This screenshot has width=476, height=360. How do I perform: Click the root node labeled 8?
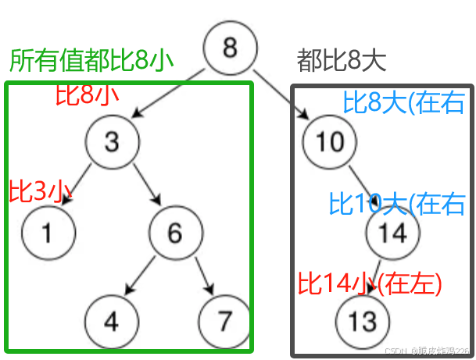click(x=230, y=48)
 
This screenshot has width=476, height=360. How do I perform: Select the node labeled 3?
click(x=113, y=141)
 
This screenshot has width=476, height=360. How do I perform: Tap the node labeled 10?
click(x=330, y=141)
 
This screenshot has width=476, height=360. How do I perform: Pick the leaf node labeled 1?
click(x=48, y=233)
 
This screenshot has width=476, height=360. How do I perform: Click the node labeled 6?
click(x=174, y=233)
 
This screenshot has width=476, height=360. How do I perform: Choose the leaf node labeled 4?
click(x=112, y=321)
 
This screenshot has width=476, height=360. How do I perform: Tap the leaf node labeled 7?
click(x=225, y=321)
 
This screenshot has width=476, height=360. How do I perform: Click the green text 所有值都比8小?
click(x=91, y=61)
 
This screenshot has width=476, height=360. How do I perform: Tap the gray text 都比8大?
click(x=342, y=61)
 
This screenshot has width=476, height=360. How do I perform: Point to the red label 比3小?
click(x=40, y=191)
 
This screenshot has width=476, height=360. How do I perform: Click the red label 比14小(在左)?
click(x=370, y=282)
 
